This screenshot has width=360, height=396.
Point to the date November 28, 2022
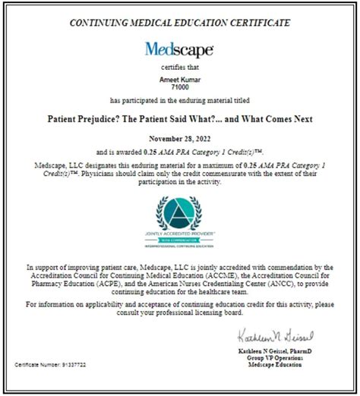click(x=180, y=140)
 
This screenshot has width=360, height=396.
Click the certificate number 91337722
click(x=74, y=365)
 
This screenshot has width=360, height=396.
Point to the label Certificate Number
click(x=36, y=365)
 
